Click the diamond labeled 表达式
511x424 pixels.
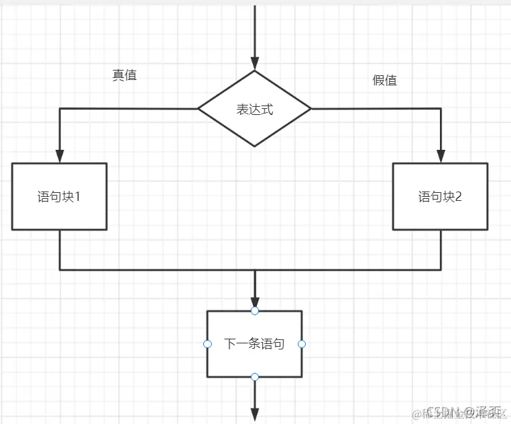click(x=254, y=109)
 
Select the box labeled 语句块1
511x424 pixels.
click(x=59, y=196)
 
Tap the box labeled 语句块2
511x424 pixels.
click(x=440, y=196)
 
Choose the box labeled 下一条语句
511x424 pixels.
click(x=254, y=343)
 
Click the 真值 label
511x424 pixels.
click(x=124, y=75)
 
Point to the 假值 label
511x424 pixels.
click(x=384, y=80)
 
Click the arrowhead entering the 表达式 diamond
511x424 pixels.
click(x=254, y=62)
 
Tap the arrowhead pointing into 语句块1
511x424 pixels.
click(x=59, y=156)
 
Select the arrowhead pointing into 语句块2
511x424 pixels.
click(x=441, y=156)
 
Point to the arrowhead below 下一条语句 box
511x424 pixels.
click(x=254, y=415)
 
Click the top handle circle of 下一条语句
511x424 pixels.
click(x=254, y=310)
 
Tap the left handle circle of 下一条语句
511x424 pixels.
click(x=207, y=343)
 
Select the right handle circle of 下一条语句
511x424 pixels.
click(x=302, y=343)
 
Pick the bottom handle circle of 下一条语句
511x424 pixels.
click(x=254, y=377)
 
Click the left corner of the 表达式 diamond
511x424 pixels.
click(x=199, y=108)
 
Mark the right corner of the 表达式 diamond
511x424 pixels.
click(x=310, y=108)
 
